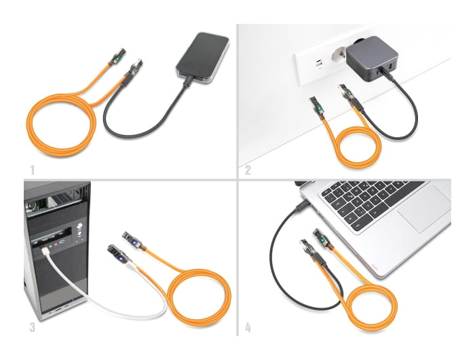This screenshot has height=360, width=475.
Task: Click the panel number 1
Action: tap(31, 168)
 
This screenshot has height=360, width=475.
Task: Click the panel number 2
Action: tap(248, 169)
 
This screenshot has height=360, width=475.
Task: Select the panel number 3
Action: tap(32, 327)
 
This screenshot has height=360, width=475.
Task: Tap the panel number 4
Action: tap(248, 327)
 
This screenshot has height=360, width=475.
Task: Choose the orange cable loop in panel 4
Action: tap(366, 306)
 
